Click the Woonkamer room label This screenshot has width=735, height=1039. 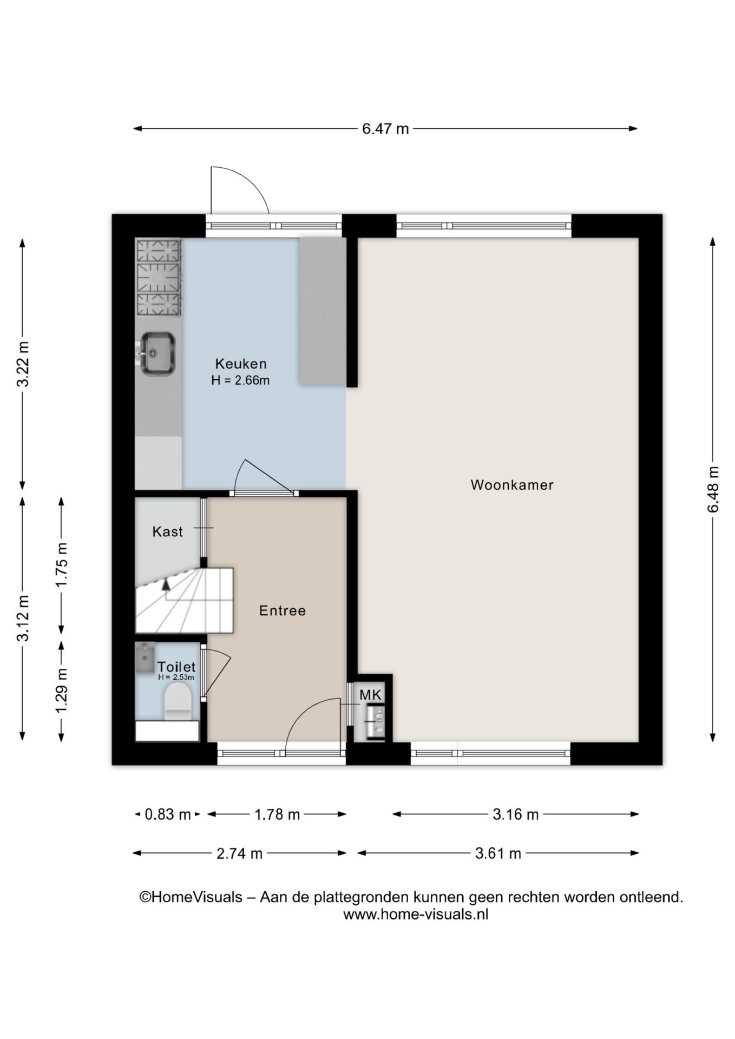[512, 485]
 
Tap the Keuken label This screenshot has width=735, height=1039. [241, 364]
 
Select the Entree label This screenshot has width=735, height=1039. [283, 611]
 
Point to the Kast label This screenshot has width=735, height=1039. [168, 532]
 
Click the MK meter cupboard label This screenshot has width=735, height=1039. [371, 695]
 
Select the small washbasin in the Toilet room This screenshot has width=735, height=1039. [145, 657]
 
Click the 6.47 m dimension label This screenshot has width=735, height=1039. [385, 129]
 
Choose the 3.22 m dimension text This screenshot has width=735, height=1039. [23, 364]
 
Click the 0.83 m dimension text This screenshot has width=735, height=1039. [168, 814]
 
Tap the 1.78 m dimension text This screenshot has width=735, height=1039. [277, 814]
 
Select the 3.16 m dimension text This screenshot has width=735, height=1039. [516, 814]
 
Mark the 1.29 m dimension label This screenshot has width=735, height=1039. [62, 691]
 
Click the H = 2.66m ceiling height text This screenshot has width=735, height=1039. [240, 380]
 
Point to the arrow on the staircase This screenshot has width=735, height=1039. [166, 584]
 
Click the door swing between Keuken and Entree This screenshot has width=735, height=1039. [265, 476]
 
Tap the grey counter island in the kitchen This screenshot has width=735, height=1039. [323, 311]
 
